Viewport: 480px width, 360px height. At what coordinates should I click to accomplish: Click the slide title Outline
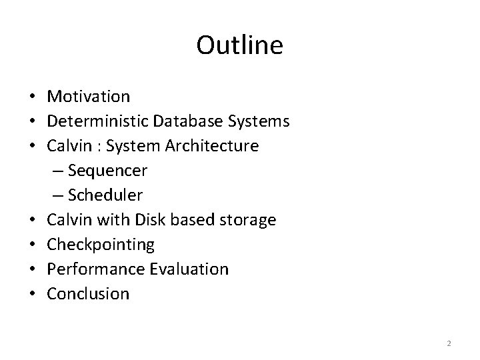coord(240,45)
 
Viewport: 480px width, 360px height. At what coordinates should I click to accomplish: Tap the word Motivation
coord(89,97)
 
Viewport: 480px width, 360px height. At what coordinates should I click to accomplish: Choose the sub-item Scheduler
coord(105,195)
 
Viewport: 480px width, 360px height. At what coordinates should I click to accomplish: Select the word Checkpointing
coord(101,245)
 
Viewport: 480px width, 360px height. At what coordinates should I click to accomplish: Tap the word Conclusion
coord(88,294)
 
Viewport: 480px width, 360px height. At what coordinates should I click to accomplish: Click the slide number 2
coord(449,343)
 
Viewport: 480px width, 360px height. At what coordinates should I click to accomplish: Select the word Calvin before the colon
coord(67,146)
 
